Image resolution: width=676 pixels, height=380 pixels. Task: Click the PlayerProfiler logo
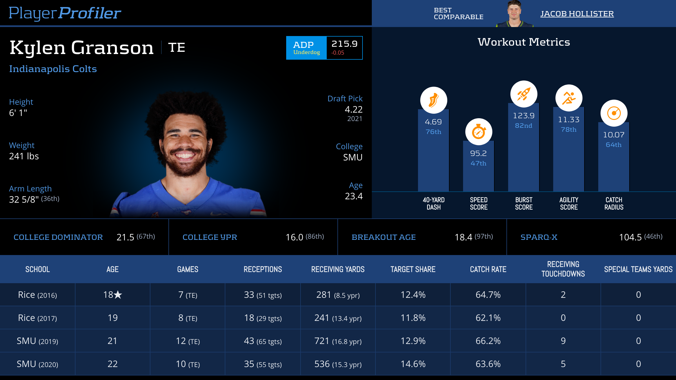tap(65, 13)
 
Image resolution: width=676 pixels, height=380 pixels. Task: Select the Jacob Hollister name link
tap(577, 14)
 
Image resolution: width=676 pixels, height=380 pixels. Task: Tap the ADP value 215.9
tap(344, 44)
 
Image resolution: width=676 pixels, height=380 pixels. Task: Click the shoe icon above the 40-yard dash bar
tap(433, 100)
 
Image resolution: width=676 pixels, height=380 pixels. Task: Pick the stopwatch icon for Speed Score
tap(479, 132)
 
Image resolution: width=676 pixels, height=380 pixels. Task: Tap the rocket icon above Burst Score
tap(524, 94)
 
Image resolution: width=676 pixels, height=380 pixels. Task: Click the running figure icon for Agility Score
tap(569, 98)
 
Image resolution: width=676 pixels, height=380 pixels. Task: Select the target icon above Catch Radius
tap(614, 113)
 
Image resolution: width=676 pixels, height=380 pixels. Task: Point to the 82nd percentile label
tap(524, 126)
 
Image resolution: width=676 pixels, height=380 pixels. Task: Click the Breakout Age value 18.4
tap(463, 237)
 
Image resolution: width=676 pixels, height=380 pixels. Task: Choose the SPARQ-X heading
tap(539, 237)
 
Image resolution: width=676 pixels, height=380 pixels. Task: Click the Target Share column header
tap(413, 269)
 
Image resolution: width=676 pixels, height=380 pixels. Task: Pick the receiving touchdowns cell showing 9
tap(563, 341)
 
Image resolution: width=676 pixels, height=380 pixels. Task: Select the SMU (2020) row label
tap(37, 364)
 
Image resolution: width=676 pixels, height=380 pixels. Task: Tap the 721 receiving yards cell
tap(322, 341)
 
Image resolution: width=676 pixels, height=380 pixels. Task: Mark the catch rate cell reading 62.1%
tap(488, 318)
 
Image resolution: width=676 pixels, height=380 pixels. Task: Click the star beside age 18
tap(118, 295)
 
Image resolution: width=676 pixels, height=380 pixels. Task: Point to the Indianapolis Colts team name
tap(53, 69)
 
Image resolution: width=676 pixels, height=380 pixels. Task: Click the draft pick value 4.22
tap(353, 109)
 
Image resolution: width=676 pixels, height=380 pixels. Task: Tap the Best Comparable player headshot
tap(514, 14)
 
